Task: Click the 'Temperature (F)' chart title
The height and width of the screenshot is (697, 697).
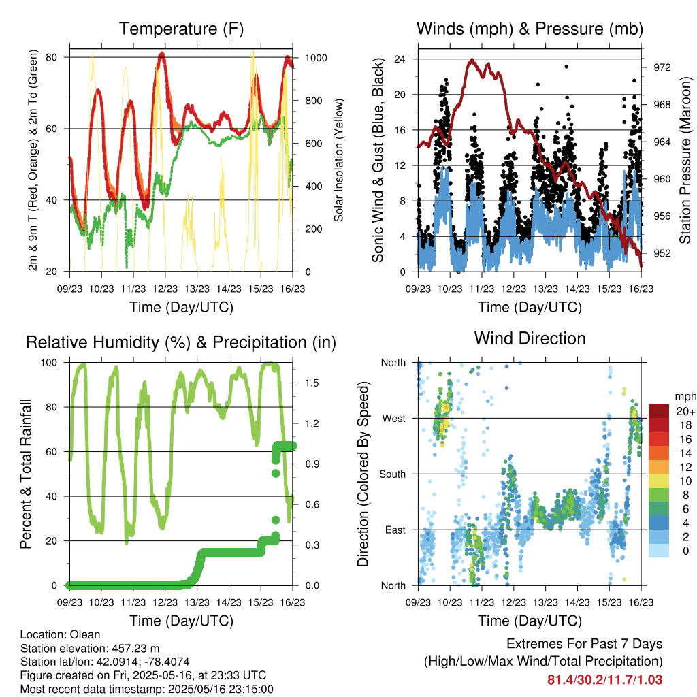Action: pos(181,29)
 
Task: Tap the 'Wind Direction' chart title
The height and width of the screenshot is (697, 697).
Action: pos(530,338)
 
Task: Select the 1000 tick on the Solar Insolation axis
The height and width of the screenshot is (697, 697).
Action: pos(316,58)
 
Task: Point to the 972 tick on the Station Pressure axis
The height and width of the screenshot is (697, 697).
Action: pos(662,67)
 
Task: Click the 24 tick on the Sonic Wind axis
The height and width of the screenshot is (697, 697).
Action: pos(400,59)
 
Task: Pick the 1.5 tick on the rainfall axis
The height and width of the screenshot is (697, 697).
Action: pos(312,383)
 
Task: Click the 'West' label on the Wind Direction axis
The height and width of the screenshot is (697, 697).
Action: pos(394,419)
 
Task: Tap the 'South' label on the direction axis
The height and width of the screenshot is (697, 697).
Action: pos(393,474)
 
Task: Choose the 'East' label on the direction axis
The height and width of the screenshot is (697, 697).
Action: pos(395,530)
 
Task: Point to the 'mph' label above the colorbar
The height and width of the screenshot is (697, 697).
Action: pos(685,397)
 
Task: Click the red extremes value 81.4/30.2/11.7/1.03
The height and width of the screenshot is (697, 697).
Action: pos(604,680)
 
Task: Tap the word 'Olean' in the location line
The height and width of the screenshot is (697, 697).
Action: pos(85,634)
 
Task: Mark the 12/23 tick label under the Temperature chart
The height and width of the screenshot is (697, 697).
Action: pos(165,289)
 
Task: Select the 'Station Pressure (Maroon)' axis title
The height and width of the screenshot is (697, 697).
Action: pos(685,160)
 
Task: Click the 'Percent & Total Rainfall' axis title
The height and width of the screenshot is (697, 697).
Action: pos(26,474)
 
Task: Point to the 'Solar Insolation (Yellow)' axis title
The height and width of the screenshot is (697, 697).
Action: pos(339,160)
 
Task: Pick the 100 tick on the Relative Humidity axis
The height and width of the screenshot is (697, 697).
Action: pos(49,363)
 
